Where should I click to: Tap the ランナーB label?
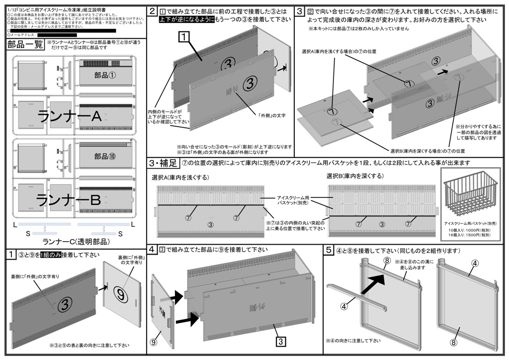tap(70, 199)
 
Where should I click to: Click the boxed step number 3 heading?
tap(300, 11)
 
